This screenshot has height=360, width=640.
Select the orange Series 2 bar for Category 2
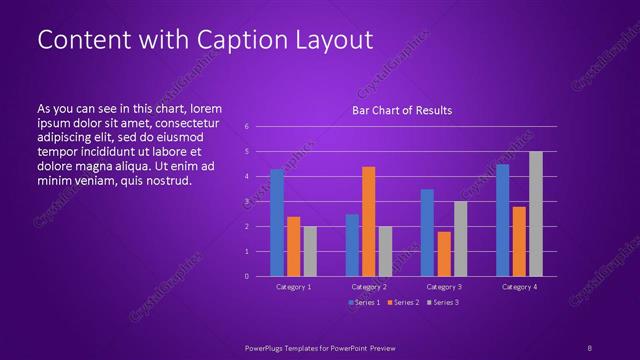[369, 221]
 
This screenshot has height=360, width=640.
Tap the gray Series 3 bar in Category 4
[536, 214]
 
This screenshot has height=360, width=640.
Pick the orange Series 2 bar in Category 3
[444, 254]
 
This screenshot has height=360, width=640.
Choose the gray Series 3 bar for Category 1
[310, 251]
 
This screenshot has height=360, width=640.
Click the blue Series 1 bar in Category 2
[352, 245]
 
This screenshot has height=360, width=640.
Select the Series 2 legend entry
[404, 301]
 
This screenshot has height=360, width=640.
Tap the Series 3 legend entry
[443, 301]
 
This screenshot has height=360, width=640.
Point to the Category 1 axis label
[293, 287]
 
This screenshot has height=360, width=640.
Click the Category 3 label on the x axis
[444, 287]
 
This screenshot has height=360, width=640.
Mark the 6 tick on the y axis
[246, 127]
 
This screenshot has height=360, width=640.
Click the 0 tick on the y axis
[246, 276]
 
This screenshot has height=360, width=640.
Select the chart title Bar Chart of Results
[402, 110]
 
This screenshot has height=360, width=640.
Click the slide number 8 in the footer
[589, 346]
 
